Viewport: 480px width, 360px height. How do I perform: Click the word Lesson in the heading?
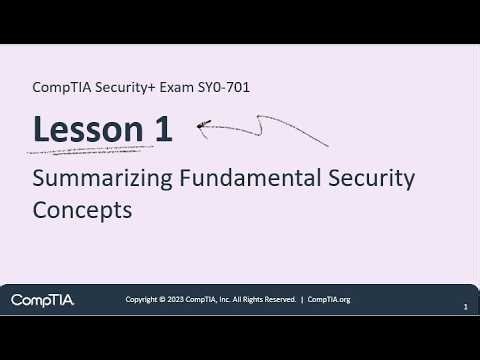(x=93, y=129)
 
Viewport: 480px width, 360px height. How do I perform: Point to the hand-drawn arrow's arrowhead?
(x=203, y=126)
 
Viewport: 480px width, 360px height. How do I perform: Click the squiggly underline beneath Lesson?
(x=90, y=151)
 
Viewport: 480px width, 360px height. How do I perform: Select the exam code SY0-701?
(x=224, y=87)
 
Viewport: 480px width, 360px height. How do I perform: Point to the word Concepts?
(x=82, y=211)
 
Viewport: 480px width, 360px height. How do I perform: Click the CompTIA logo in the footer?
(x=42, y=299)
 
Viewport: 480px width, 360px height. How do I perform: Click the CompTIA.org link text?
(x=329, y=299)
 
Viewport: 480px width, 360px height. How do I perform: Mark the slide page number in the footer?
(x=466, y=308)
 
